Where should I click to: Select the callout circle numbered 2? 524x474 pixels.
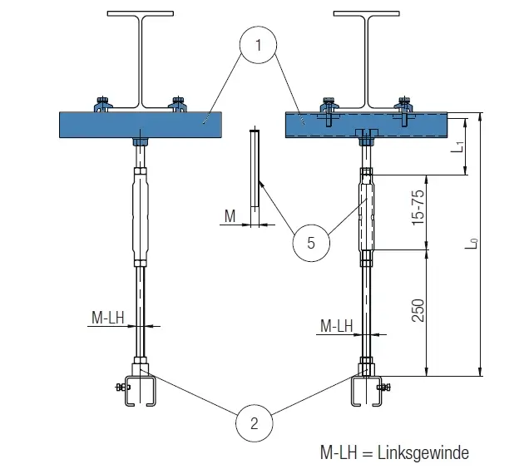255,422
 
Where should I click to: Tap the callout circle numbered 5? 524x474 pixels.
310,243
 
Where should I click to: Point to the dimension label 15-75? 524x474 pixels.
418,210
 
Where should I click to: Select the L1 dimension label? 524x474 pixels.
457,147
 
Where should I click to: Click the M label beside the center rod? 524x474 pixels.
230,217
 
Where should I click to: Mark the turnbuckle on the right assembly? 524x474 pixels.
367,213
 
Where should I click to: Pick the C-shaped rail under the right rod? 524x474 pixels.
367,392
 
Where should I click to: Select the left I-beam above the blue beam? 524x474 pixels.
142,58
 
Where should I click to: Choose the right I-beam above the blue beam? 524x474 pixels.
367,58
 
